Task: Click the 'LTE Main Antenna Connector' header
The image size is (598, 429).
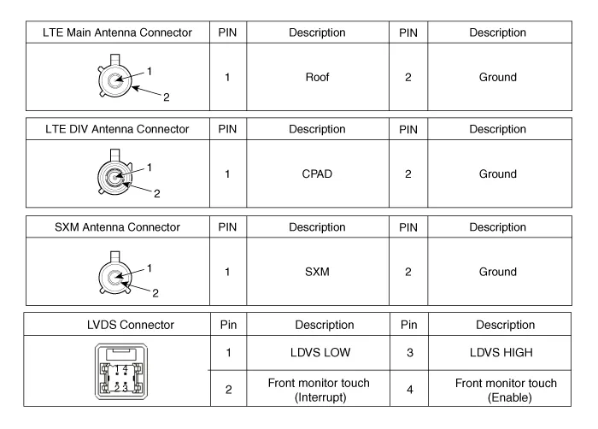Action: pos(117,32)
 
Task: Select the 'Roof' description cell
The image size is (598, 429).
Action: pos(317,77)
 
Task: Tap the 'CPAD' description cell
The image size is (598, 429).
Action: pos(317,174)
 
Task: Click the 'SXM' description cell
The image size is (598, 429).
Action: pos(317,272)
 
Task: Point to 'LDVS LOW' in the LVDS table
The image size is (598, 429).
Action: pos(320,352)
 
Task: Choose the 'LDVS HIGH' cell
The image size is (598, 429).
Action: pos(501,352)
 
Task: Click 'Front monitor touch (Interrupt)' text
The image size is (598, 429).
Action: pos(319,390)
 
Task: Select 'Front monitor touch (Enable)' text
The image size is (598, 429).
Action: pos(506,390)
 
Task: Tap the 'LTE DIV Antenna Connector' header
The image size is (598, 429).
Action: pos(117,129)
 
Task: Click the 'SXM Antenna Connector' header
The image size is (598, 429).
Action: pos(117,227)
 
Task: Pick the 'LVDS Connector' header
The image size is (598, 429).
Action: pos(131,325)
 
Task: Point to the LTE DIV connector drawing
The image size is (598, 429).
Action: pos(114,173)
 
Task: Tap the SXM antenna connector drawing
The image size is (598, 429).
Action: pos(114,273)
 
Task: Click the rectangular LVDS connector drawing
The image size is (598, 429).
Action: pos(121,372)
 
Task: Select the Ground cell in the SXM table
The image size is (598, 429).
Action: pos(498,272)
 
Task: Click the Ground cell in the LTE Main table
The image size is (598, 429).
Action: pos(498,77)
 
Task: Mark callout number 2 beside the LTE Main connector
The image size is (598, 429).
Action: pos(167,97)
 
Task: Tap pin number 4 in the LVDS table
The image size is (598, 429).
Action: pos(410,390)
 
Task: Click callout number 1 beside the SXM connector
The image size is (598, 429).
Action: pos(149,268)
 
